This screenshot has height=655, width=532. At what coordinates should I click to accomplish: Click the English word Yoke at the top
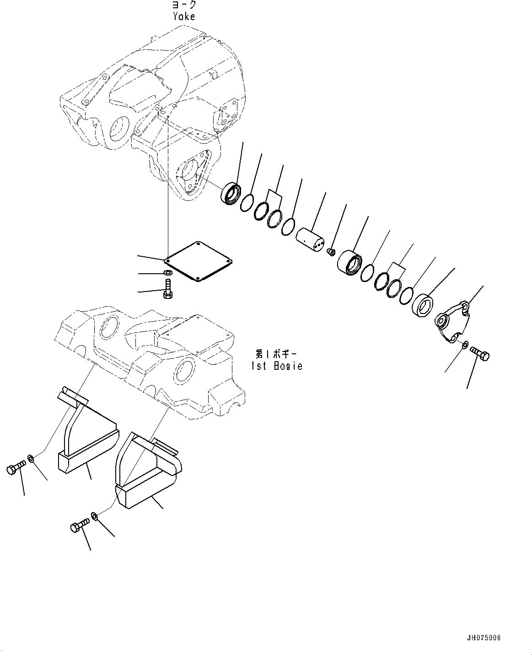point(184,16)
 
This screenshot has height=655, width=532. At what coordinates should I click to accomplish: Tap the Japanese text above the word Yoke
point(184,5)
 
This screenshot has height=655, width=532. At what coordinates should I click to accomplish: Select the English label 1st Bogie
point(276,366)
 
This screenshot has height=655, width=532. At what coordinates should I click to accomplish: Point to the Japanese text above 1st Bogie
point(276,354)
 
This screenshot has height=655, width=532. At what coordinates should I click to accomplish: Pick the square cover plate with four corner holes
point(198,261)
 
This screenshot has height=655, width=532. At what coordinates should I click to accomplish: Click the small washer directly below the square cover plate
point(168,273)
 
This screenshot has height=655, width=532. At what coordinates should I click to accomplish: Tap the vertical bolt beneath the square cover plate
point(167,291)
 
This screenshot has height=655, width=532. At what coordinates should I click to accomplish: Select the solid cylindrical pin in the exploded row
point(310,238)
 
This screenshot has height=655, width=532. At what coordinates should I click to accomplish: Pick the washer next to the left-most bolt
point(31,458)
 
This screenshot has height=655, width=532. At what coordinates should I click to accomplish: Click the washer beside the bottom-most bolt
point(94,516)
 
